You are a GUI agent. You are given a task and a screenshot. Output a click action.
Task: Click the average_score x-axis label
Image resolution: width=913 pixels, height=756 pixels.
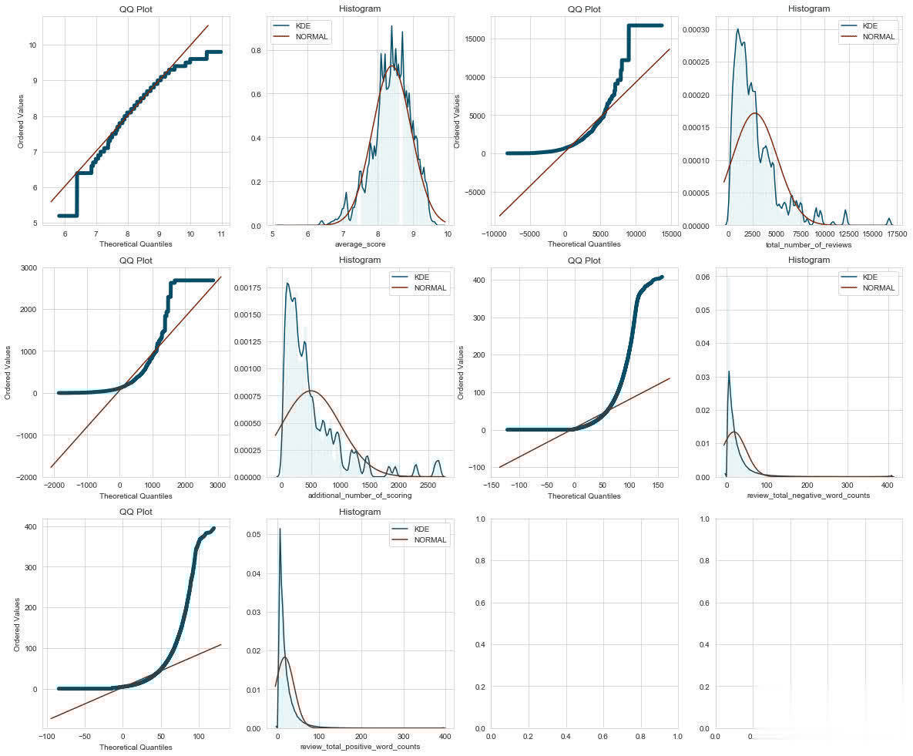[359, 245]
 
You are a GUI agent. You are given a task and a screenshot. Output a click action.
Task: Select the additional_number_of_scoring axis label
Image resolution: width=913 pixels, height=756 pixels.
[359, 496]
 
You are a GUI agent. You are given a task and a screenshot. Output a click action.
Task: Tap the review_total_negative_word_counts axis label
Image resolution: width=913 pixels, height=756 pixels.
[809, 496]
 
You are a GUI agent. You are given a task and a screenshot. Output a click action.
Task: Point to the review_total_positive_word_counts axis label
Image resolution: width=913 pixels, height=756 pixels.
[359, 748]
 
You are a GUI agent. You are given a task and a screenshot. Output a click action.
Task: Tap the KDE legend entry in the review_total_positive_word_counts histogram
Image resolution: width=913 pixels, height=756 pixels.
[425, 528]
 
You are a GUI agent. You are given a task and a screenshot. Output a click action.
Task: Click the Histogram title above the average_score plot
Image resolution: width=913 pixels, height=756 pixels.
[359, 8]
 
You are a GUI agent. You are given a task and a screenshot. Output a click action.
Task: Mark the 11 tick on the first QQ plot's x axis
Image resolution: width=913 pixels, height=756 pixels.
[221, 233]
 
